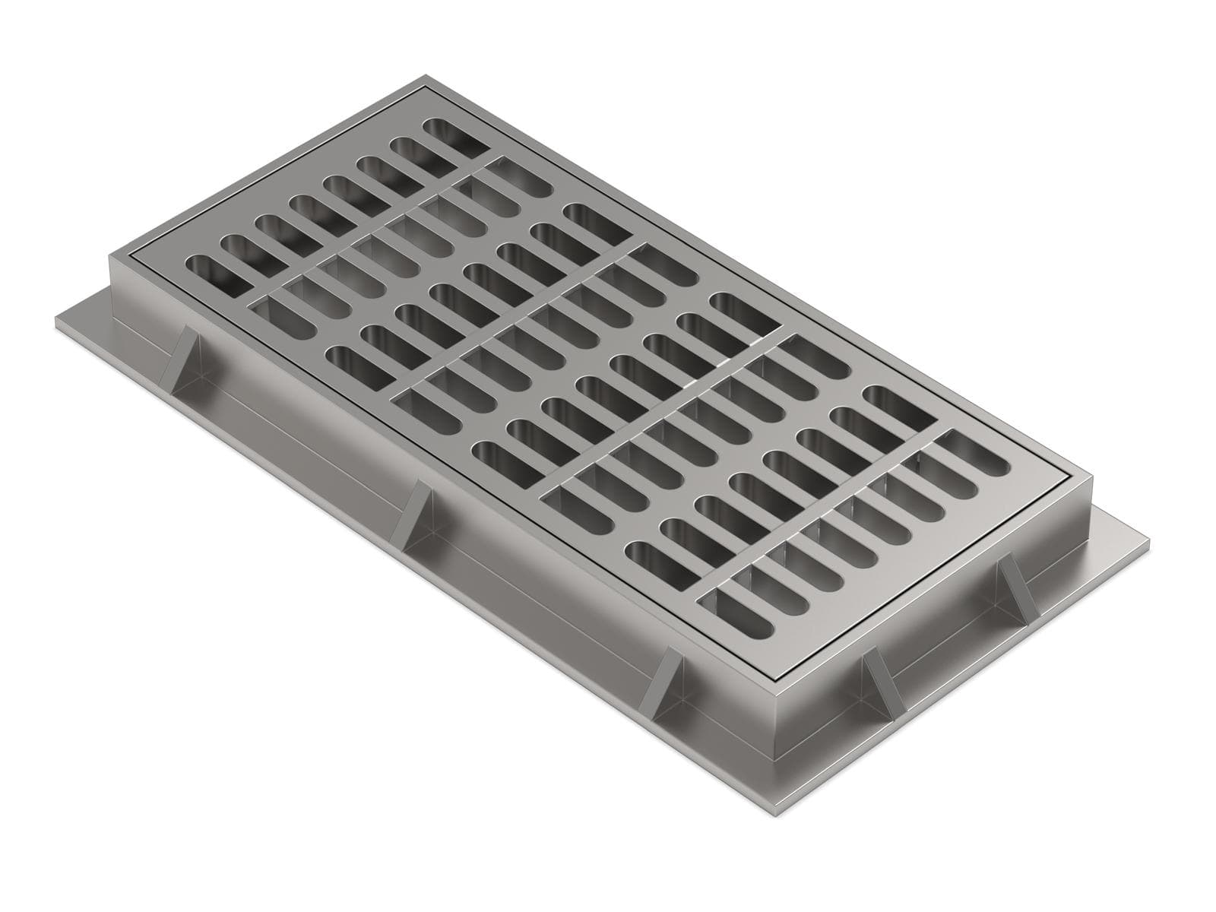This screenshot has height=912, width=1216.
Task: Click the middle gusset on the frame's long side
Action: (x=417, y=515)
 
